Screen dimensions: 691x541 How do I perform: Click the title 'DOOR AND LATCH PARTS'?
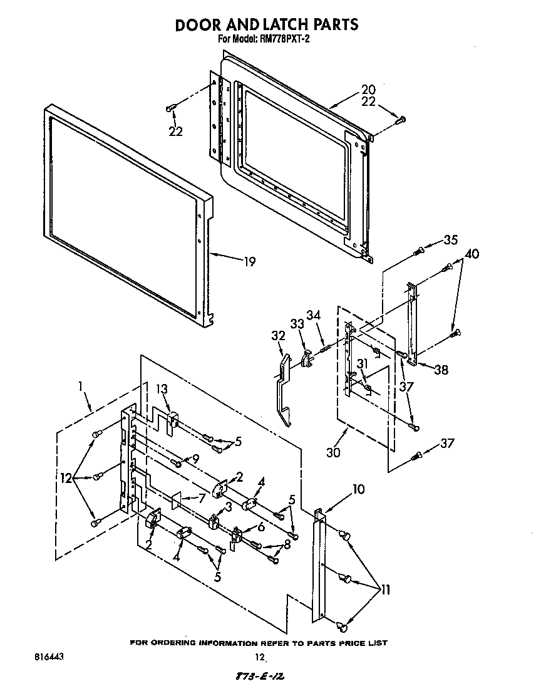266,24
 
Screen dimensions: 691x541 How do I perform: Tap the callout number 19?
249,262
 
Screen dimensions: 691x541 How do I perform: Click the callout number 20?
368,89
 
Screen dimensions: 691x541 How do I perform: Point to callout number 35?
450,239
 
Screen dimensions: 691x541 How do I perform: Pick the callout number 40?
472,254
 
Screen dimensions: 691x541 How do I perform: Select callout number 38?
441,370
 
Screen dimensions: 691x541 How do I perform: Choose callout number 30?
333,451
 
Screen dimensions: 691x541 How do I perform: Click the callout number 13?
163,389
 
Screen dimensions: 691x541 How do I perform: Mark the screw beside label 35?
419,251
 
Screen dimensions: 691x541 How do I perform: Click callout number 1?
80,388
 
